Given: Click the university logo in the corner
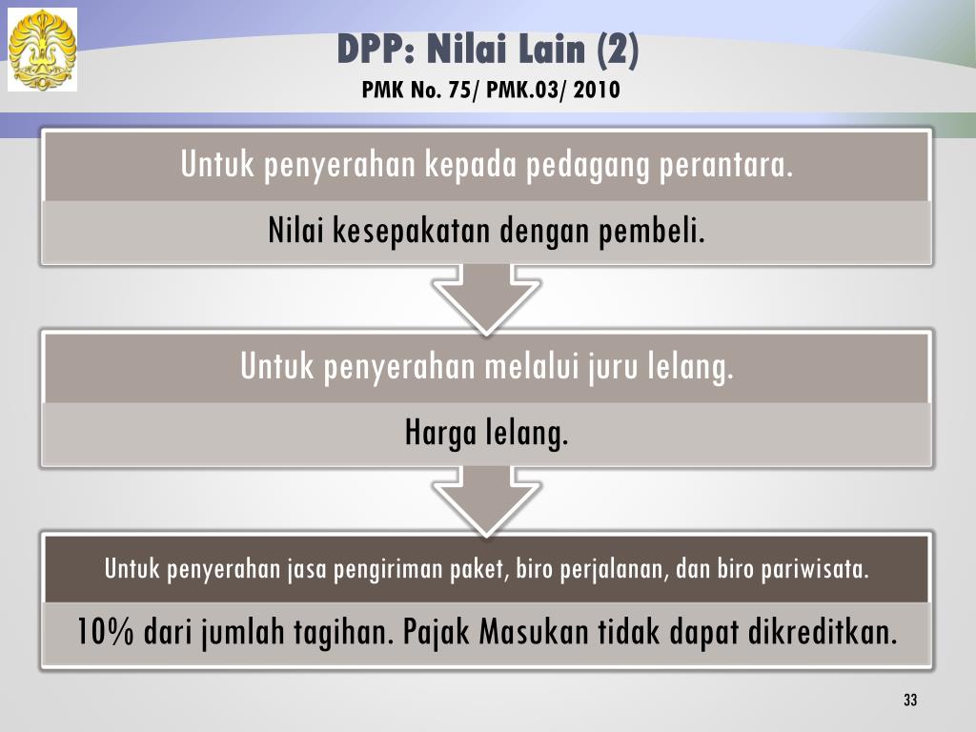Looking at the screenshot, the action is pos(42,50).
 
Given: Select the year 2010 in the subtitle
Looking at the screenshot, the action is pos(597,91).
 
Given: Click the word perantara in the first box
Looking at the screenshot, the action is pos(726,165).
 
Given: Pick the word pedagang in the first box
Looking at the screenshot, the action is pos(587,166).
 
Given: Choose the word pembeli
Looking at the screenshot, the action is pos(652,231).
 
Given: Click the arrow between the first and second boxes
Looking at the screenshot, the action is pos(486,297).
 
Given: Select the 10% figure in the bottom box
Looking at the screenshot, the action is pos(105,632).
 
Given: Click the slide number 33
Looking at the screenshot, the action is pos(910,701).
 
